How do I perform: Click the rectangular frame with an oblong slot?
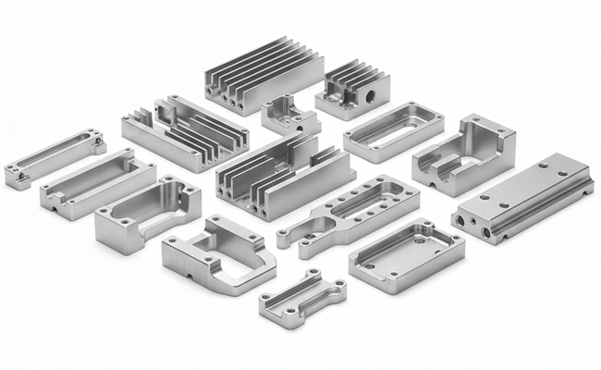[x=393, y=132]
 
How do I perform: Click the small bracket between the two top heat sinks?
[x=288, y=117]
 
